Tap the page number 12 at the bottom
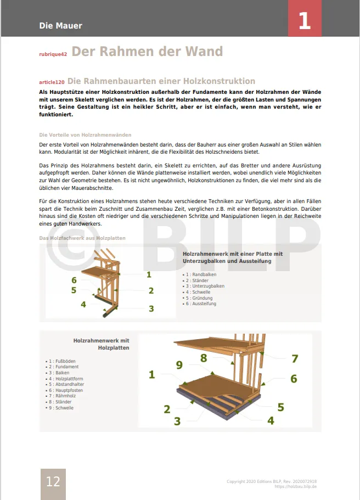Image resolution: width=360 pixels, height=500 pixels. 53,482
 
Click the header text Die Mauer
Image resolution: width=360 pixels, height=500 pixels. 60,26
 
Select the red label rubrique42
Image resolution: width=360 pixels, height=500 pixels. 53,54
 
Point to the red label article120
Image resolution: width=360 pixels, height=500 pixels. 52,82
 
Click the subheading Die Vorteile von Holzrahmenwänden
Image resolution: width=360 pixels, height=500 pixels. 85,135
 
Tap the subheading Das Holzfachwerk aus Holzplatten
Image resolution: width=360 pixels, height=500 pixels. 82,238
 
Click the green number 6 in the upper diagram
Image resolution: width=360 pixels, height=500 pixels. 74,280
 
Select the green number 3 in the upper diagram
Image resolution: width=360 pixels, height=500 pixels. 151,308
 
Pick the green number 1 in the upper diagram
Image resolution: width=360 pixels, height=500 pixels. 149,274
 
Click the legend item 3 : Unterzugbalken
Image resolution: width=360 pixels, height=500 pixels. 204,286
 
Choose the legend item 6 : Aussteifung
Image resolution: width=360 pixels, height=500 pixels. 200,304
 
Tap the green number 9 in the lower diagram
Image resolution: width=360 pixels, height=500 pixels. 179,365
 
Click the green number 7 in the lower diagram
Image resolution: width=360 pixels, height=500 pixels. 295,359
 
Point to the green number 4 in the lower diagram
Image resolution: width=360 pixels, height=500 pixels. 271,421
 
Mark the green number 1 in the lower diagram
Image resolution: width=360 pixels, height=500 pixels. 152,375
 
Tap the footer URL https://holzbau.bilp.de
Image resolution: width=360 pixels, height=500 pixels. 295,487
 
